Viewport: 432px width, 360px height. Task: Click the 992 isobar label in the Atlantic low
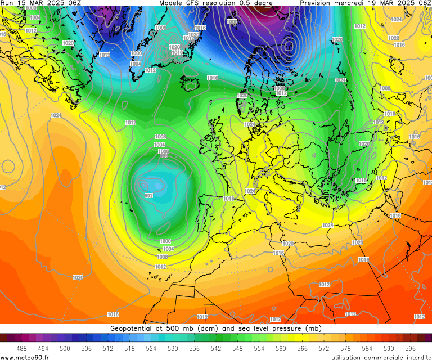tap(148, 196)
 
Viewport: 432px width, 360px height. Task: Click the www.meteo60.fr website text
tap(25, 357)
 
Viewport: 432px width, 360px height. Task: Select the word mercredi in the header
tap(354, 3)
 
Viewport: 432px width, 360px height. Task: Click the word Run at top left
tap(7, 3)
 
